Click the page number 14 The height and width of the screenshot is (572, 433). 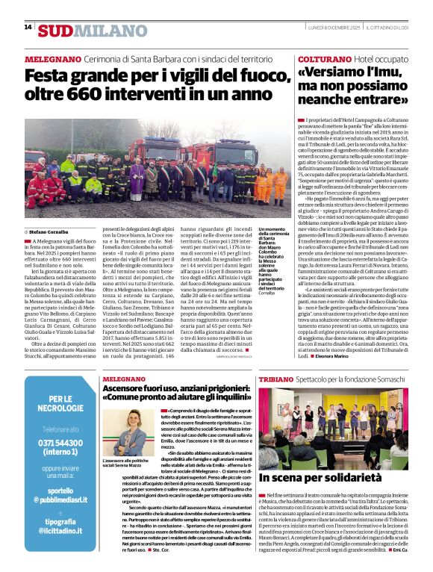click(28, 27)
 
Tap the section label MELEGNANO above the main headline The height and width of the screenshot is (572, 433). click(54, 58)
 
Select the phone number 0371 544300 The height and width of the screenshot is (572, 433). click(60, 443)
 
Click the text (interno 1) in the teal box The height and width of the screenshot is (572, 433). click(60, 453)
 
